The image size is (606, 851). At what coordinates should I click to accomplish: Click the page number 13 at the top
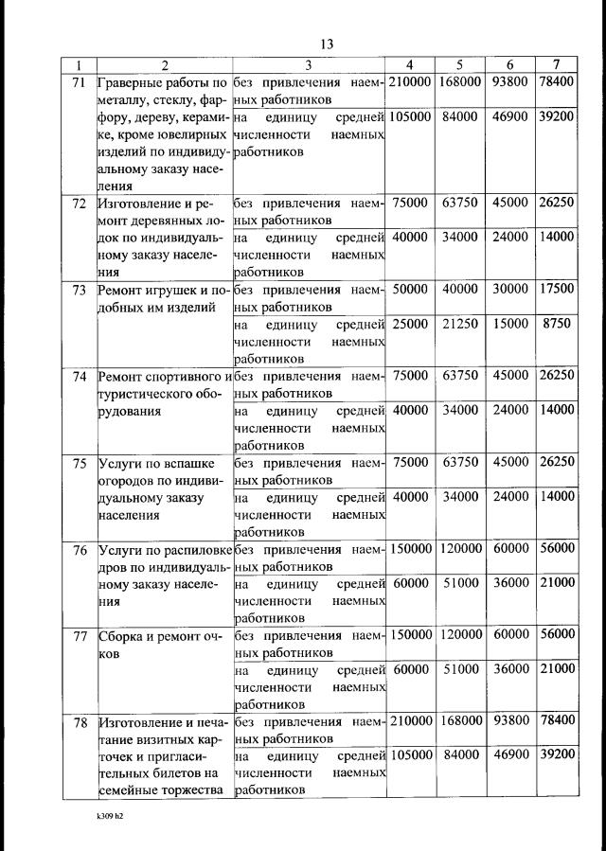click(327, 44)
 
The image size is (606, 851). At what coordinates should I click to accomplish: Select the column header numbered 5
click(458, 64)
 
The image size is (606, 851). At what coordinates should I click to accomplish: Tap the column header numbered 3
click(309, 64)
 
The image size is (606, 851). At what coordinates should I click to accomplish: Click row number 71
click(80, 82)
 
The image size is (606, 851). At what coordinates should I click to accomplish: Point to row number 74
click(80, 376)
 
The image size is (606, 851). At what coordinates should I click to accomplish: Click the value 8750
click(558, 324)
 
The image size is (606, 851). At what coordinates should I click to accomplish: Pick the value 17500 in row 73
click(556, 290)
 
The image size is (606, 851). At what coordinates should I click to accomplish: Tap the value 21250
click(459, 324)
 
